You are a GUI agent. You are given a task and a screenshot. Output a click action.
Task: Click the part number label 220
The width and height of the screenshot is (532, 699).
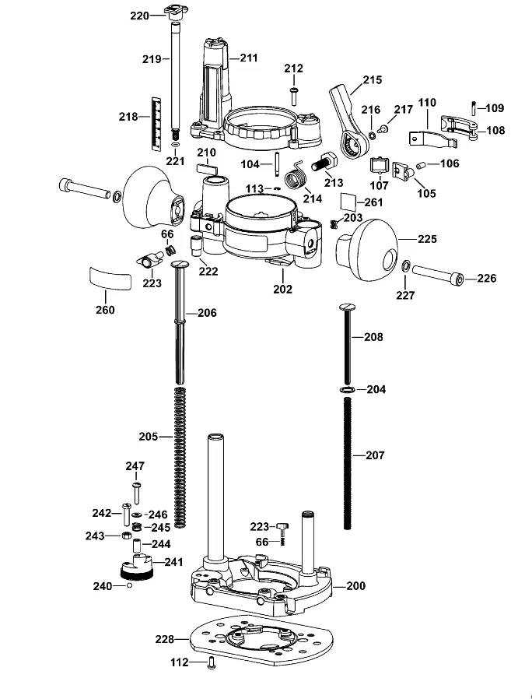[139, 16]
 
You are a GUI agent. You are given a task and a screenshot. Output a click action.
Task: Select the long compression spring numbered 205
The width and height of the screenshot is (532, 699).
[180, 458]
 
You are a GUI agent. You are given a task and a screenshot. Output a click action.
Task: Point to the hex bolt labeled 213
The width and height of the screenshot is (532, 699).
[324, 162]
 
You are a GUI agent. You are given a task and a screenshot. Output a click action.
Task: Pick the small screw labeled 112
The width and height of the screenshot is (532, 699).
[212, 663]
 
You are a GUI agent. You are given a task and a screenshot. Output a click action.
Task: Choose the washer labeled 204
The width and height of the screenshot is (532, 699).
[347, 390]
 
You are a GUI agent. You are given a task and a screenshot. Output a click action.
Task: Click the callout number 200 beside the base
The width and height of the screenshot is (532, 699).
[355, 586]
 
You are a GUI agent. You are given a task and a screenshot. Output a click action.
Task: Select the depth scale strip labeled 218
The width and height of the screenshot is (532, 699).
[156, 123]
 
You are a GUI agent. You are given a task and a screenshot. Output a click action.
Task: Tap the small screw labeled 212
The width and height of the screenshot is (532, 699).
[294, 96]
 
